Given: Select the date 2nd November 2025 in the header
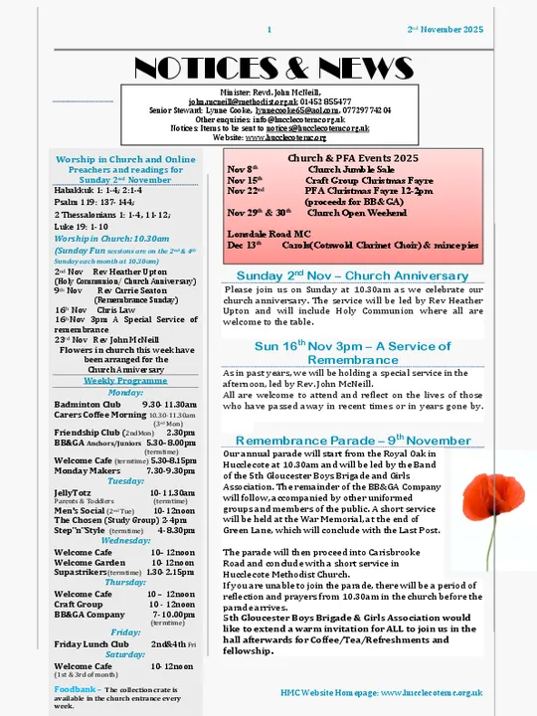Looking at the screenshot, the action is click(446, 31).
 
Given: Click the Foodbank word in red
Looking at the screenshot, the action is click(76, 688).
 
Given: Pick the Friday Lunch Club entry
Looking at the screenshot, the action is click(89, 644).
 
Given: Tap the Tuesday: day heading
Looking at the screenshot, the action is click(125, 480).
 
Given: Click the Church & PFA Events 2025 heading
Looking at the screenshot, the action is click(352, 158).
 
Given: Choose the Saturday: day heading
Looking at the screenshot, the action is click(125, 655).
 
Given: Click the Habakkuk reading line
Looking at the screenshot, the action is click(99, 189).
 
